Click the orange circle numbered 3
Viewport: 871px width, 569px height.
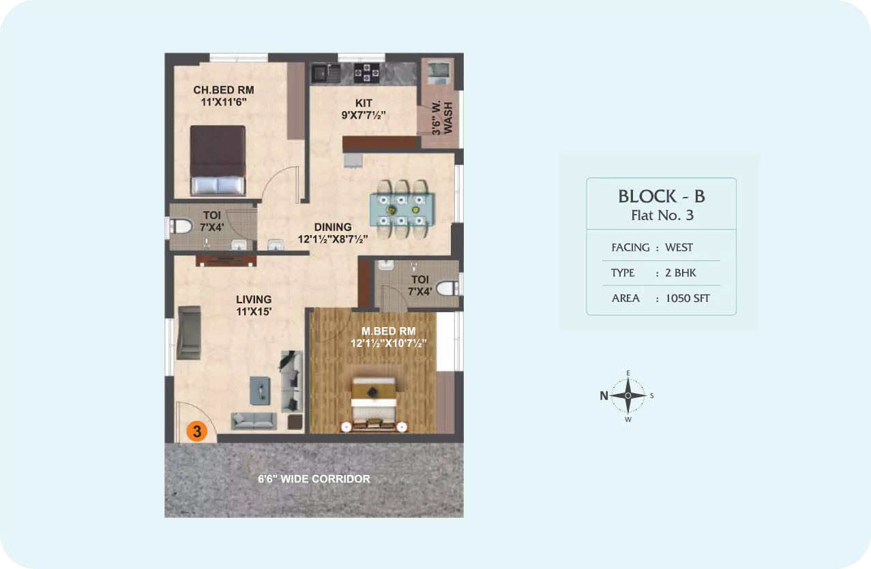click(196, 431)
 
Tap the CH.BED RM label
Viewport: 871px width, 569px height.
click(224, 90)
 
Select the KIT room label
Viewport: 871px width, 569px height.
click(364, 104)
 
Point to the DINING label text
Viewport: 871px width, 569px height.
click(333, 227)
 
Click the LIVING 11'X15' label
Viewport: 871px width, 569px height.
click(254, 305)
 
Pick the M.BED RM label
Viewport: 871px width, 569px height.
click(389, 331)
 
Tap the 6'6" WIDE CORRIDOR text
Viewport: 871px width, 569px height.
click(314, 479)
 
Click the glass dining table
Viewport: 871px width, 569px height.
click(402, 210)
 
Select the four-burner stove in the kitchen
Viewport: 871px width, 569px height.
click(367, 73)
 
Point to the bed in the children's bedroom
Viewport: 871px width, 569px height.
click(218, 160)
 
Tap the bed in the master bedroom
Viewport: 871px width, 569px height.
click(373, 405)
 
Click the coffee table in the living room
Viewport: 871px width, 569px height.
click(260, 390)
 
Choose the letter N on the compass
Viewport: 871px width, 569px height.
click(604, 396)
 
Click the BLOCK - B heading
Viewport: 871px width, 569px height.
click(662, 196)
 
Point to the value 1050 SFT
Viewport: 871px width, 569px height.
click(688, 298)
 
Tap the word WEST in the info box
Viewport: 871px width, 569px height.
click(679, 247)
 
